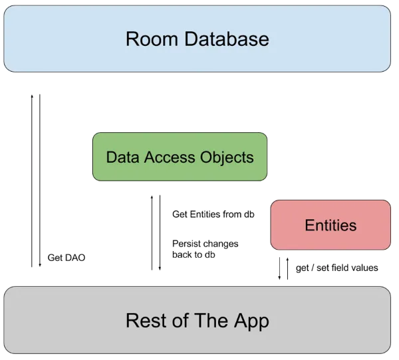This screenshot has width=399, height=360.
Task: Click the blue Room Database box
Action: pos(197,39)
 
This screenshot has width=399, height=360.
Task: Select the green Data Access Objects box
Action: pos(180,157)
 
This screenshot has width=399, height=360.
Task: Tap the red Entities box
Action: pos(331,225)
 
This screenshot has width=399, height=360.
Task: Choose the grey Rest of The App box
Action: pos(197,320)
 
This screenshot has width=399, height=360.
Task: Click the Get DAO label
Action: pos(66,258)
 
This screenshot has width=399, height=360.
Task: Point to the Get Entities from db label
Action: pos(213,215)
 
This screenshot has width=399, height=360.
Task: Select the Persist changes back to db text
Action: pos(204,249)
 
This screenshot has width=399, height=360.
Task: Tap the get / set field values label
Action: pos(336,268)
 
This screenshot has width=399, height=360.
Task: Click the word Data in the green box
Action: pos(121,157)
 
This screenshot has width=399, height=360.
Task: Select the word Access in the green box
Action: pos(168,157)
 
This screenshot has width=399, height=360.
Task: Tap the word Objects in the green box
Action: pos(227,157)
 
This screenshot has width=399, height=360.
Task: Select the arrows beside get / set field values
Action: pos(284,269)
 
